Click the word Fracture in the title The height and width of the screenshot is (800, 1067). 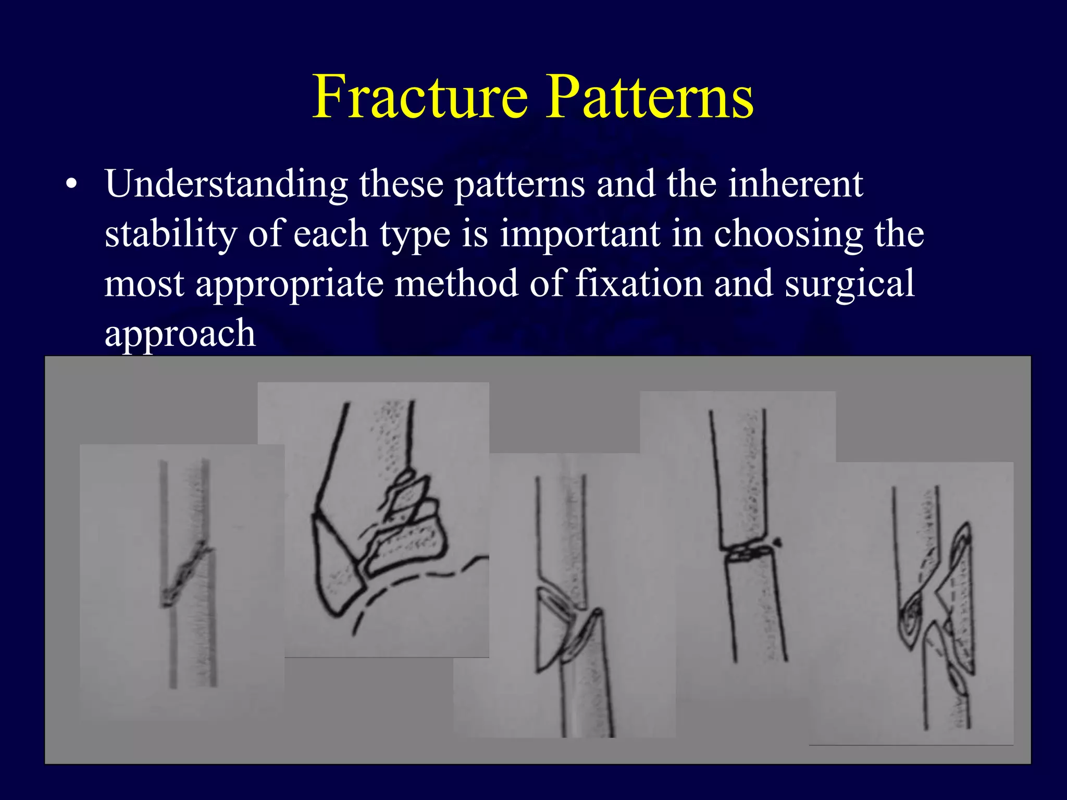420,97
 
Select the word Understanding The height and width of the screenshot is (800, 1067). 226,185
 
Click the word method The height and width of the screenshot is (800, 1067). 456,284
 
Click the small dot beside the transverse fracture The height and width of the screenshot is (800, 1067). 778,543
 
